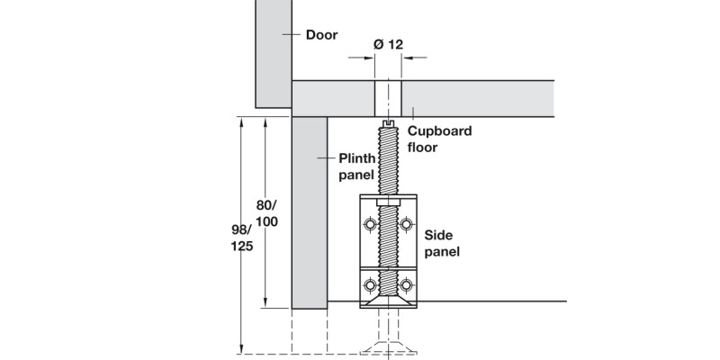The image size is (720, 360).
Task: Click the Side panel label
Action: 441,243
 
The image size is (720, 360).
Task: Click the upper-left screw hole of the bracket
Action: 370,223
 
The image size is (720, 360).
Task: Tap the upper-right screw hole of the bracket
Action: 406,223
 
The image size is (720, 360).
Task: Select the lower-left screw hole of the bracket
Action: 370,286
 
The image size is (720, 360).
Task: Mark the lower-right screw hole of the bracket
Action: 406,286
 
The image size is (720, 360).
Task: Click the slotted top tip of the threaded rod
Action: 388,123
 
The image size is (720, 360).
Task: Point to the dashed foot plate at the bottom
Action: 388,346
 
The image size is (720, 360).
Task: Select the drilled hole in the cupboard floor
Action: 388,98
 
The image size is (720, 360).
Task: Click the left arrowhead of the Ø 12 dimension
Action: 370,58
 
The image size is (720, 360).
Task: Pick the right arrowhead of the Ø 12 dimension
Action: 406,58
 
